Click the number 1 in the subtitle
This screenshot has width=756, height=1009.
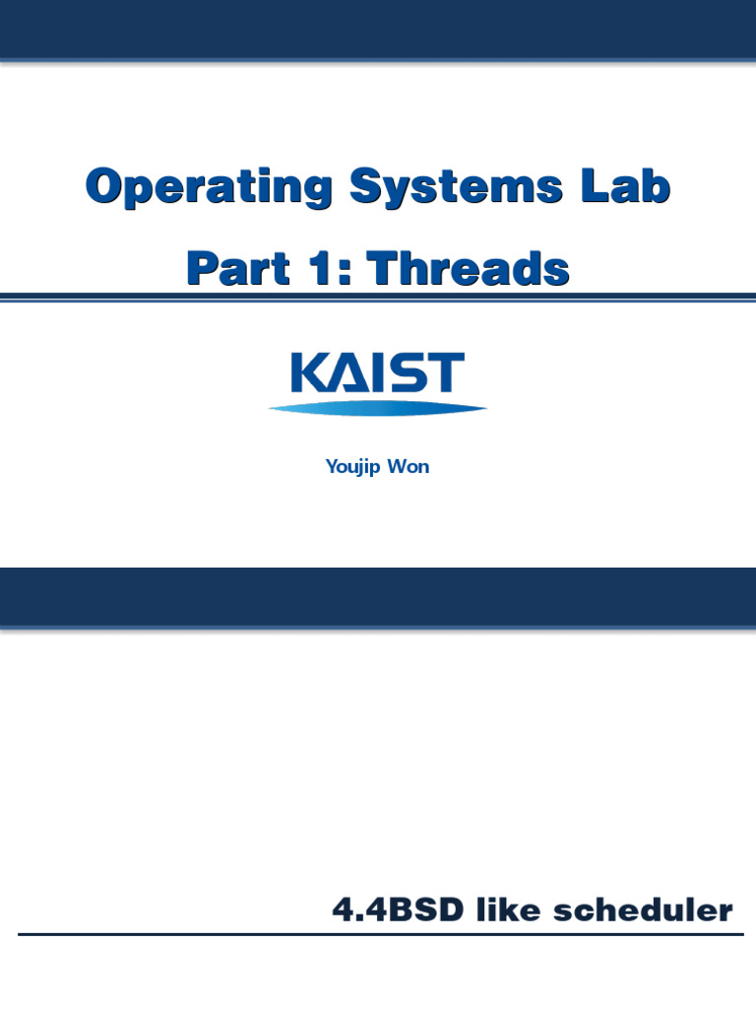(x=320, y=267)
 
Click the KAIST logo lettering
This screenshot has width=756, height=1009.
(x=377, y=373)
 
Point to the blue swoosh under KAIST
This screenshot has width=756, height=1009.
(x=377, y=408)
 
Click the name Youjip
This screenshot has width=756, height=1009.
(x=352, y=467)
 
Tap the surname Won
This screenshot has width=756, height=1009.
(x=409, y=467)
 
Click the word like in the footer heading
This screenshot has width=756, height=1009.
(x=510, y=911)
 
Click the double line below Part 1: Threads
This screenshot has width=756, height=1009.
(x=378, y=296)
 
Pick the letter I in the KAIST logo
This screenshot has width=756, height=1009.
(x=378, y=373)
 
